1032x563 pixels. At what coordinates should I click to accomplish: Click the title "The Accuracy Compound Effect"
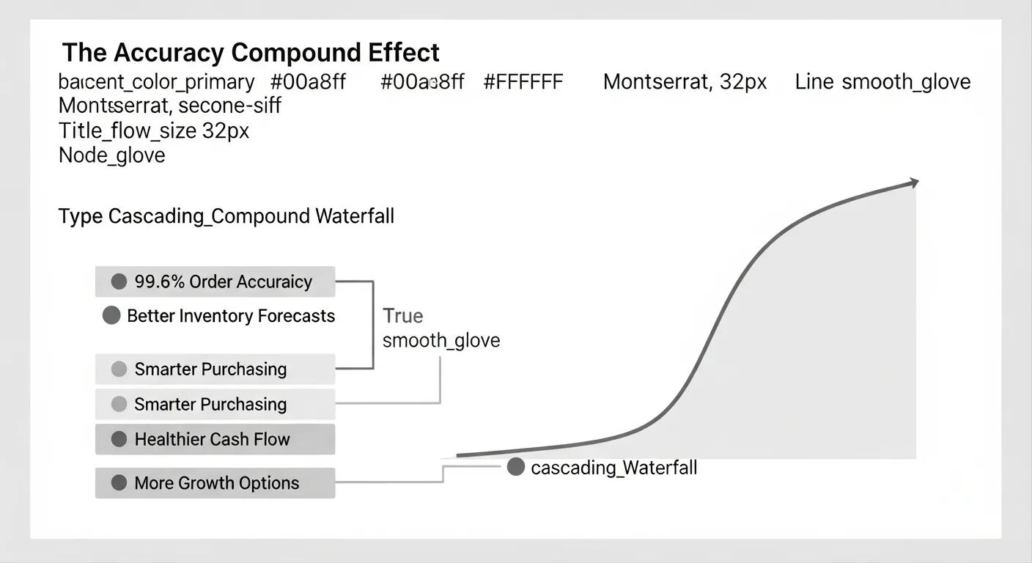[251, 53]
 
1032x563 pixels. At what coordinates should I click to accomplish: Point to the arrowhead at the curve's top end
[913, 183]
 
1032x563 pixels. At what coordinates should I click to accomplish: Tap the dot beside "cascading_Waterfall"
[516, 467]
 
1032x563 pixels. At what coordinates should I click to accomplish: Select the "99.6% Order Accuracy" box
[215, 281]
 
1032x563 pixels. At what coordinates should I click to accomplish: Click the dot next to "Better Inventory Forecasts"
[111, 316]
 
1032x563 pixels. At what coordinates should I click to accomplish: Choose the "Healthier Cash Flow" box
[215, 439]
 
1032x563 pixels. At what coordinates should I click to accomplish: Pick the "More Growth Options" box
[215, 483]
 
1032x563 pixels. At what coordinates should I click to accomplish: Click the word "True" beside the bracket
[403, 316]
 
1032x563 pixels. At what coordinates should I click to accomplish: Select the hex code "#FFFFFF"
[523, 81]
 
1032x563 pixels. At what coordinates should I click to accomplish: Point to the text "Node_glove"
[111, 155]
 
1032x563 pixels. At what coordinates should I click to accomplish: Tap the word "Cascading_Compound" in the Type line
[209, 216]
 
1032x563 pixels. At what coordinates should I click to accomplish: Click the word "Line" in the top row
[814, 81]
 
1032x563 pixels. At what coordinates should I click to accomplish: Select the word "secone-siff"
[229, 106]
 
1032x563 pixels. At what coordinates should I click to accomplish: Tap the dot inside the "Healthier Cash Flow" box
[119, 439]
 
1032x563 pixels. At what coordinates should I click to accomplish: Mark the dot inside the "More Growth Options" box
[119, 483]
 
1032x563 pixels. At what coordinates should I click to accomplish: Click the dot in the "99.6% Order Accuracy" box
[119, 281]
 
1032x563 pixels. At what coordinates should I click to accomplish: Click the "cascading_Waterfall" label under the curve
[613, 468]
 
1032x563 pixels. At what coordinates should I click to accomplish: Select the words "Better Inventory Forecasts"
[231, 316]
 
